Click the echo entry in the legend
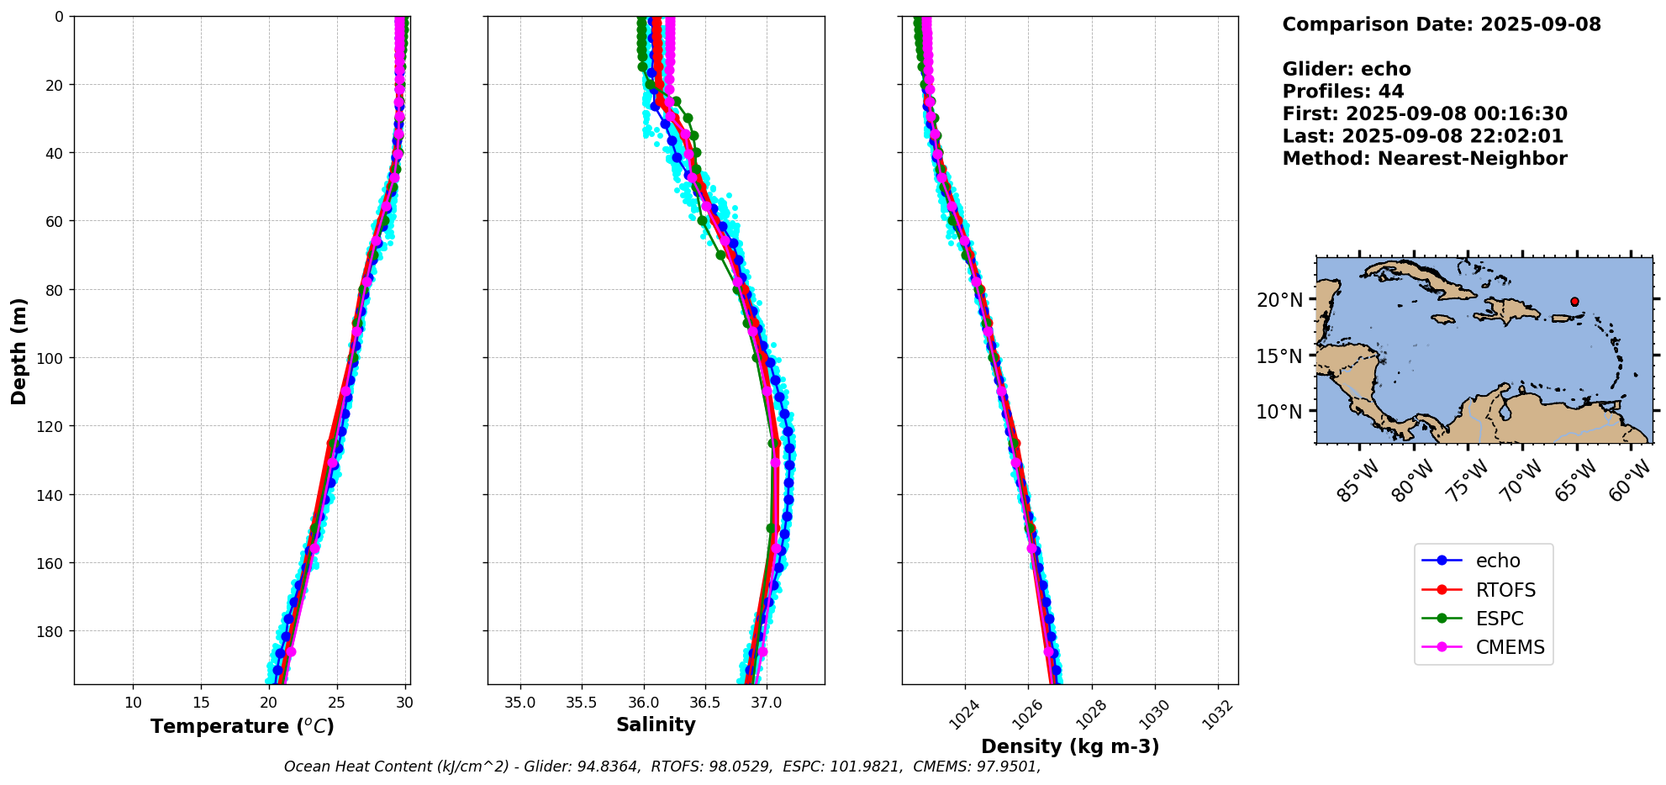click(1497, 561)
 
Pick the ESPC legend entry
click(1499, 619)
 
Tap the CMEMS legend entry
click(1510, 647)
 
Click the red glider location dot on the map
click(1574, 302)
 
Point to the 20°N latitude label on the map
click(1279, 300)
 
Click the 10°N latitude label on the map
click(1279, 412)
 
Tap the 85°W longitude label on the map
click(1358, 481)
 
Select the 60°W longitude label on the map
click(1629, 481)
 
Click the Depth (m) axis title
click(18, 350)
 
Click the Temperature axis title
click(242, 726)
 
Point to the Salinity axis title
click(656, 725)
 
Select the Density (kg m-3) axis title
click(1070, 746)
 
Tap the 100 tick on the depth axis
click(51, 358)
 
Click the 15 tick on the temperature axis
click(201, 703)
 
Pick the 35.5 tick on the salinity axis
click(581, 703)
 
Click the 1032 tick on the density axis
click(1218, 714)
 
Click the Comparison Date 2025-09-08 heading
click(1442, 24)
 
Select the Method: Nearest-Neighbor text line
click(1425, 159)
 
